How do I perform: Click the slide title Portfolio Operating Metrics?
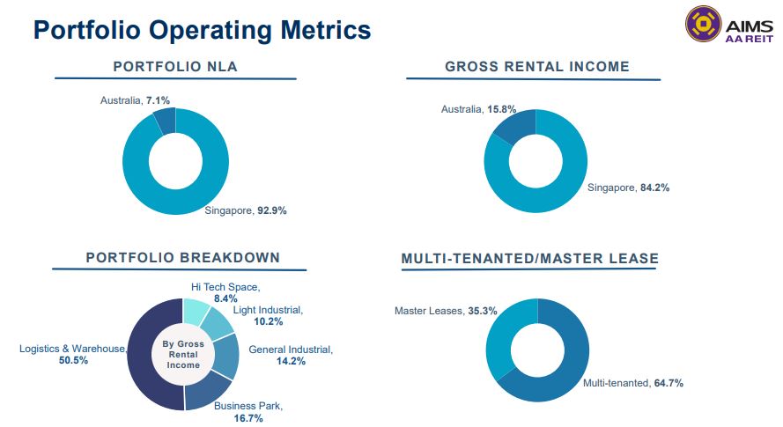[x=202, y=30]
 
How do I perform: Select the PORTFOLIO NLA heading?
[x=175, y=66]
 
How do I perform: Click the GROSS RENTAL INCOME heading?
[x=536, y=66]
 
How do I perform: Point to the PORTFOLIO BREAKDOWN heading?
[x=182, y=257]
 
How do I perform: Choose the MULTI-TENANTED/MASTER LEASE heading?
[x=529, y=259]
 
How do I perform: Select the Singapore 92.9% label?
[x=246, y=210]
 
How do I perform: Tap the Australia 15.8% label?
[x=478, y=109]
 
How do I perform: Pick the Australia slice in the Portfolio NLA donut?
[x=165, y=121]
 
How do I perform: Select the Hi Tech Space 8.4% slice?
[x=196, y=311]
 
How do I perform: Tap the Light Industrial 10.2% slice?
[x=218, y=325]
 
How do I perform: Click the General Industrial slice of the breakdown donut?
[x=226, y=355]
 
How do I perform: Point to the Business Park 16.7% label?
[x=248, y=411]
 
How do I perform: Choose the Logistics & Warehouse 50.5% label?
[x=73, y=354]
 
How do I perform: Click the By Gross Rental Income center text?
[x=184, y=354]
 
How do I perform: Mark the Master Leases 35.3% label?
[x=434, y=311]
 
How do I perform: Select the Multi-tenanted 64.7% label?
[x=633, y=383]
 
